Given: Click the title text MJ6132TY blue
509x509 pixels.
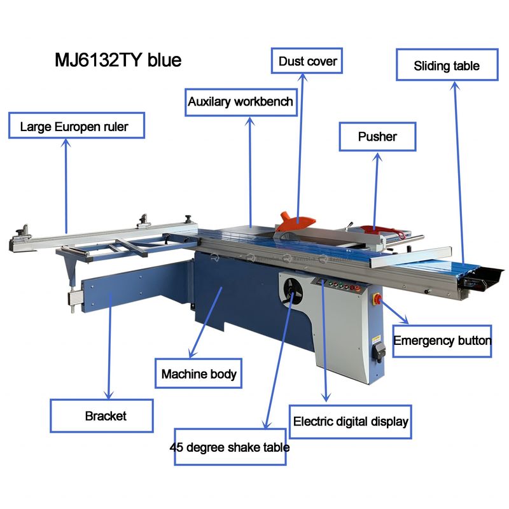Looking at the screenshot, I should tap(118, 60).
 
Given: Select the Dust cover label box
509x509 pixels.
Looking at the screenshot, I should tap(307, 62).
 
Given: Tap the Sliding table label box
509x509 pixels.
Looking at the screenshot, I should tap(447, 66).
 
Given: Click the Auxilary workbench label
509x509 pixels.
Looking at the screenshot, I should tap(241, 101).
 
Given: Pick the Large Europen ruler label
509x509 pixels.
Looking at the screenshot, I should tap(74, 127).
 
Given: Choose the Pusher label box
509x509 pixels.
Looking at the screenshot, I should tap(377, 137).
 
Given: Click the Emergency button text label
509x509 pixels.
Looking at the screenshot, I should tap(442, 340).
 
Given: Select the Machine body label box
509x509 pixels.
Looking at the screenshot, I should tap(199, 373).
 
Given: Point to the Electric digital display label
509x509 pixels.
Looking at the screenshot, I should tap(351, 421).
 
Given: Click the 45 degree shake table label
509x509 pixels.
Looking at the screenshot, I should tap(230, 447).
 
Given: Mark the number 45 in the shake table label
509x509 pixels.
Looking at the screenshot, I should tap(178, 447).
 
